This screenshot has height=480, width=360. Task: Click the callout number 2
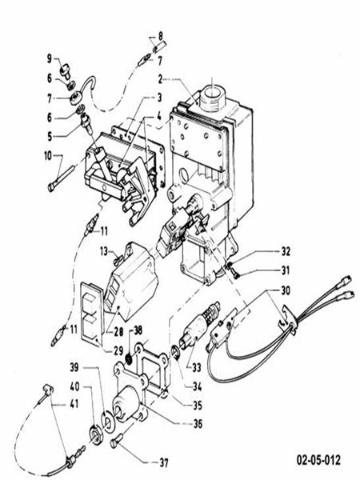160,79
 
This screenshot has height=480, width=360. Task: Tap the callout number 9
49,58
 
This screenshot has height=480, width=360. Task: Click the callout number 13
103,250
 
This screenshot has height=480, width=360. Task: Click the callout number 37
165,462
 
